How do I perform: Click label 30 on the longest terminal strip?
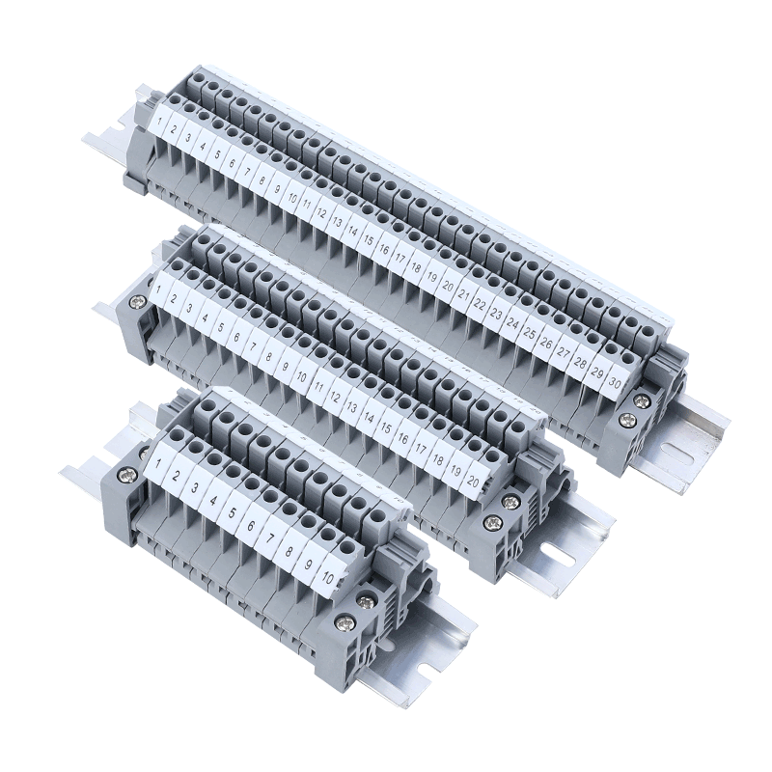[x=615, y=381]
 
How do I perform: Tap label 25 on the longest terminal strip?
[x=530, y=333]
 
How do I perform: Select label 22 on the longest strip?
[x=482, y=304]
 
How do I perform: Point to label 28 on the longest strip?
[x=581, y=363]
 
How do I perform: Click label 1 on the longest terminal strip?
[x=160, y=120]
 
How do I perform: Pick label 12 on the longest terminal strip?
[x=322, y=213]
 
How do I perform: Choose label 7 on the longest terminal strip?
[x=247, y=171]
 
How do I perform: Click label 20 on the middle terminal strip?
[x=473, y=480]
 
